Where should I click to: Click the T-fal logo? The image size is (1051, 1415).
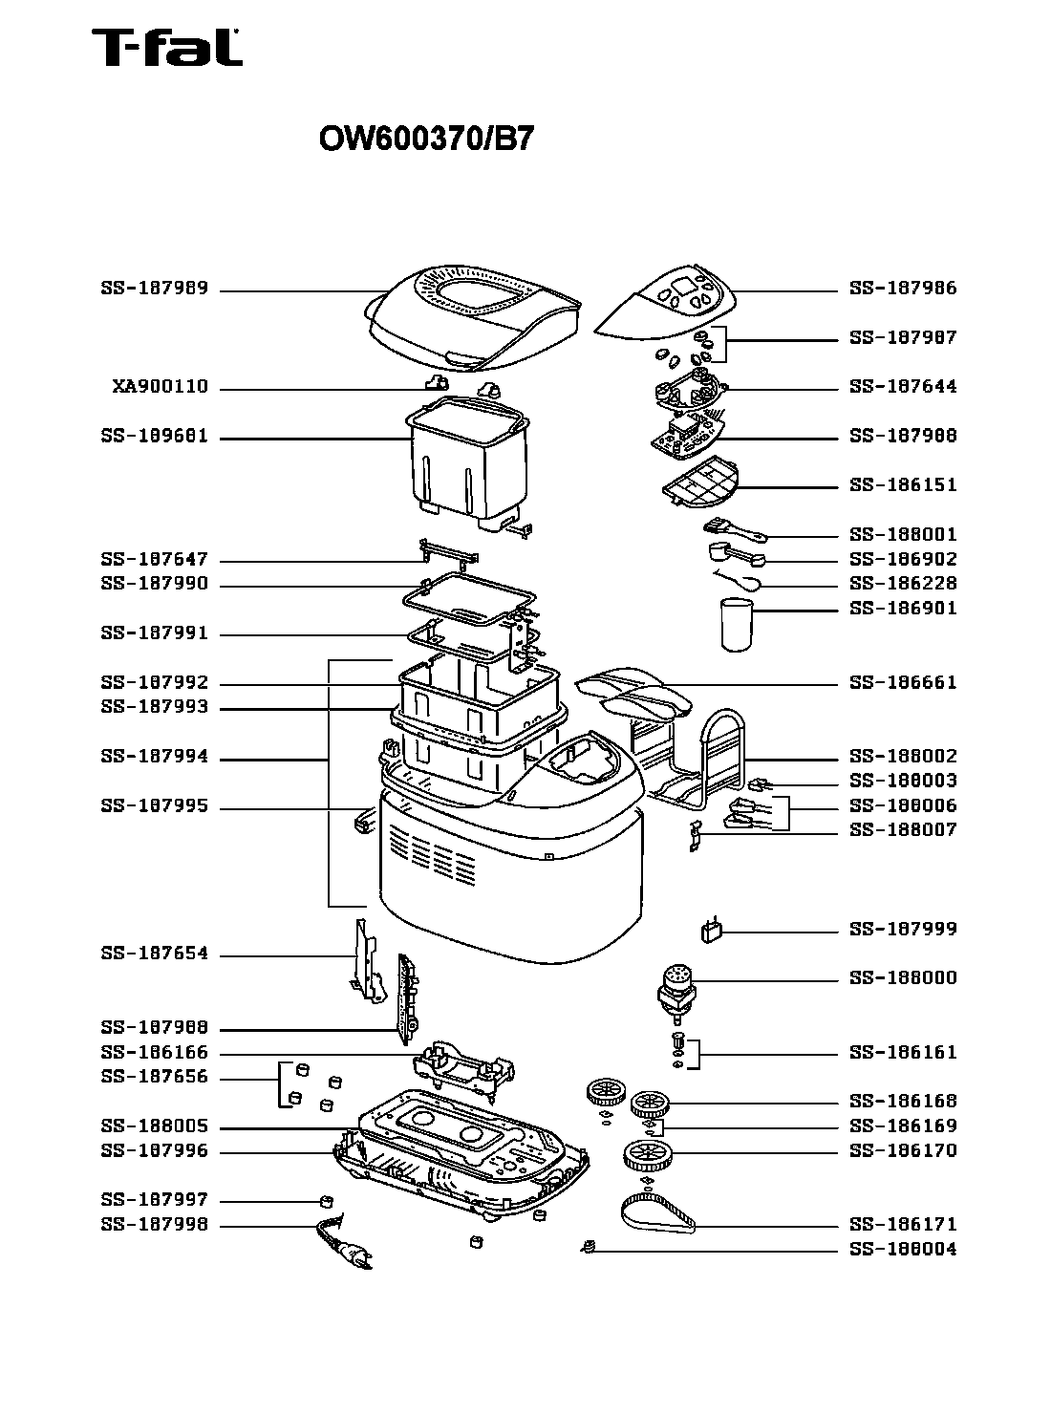(166, 48)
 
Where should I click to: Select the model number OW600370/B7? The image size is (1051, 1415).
(425, 140)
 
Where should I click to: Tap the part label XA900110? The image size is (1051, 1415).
(160, 388)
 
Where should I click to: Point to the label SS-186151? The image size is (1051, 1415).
(902, 485)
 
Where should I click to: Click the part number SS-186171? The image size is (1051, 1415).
(902, 1225)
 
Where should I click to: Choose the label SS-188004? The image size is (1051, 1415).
(902, 1250)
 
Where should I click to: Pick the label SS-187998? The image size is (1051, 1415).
(154, 1226)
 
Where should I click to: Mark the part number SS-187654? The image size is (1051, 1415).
(154, 954)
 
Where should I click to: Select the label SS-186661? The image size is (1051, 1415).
(902, 683)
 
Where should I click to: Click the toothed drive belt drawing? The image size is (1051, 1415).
(657, 1212)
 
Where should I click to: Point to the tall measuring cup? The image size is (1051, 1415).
(735, 626)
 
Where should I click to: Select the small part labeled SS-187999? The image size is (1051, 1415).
(710, 932)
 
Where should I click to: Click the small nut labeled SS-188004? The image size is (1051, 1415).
(590, 1246)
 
